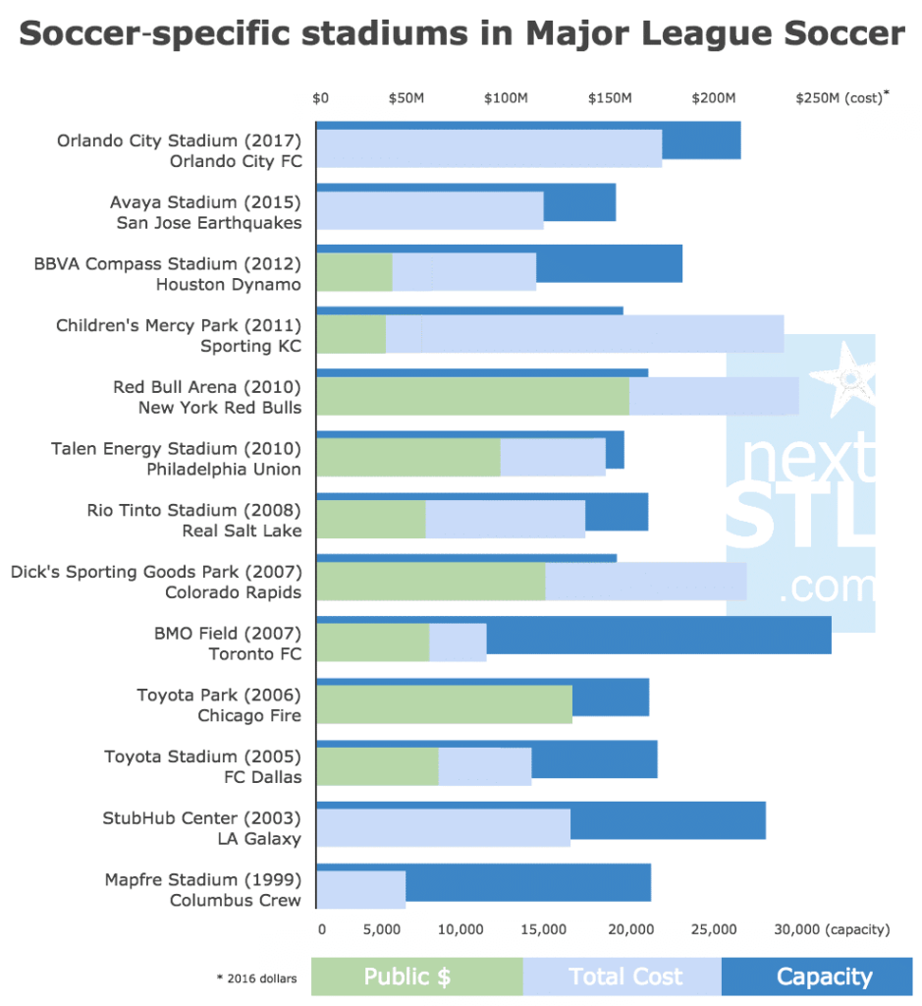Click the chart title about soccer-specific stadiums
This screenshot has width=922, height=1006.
(461, 34)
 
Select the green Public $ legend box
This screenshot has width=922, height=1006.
(416, 977)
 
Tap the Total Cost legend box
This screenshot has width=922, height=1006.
(623, 977)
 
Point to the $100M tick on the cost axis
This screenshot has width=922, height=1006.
(507, 98)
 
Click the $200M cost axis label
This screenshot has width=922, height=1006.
(713, 98)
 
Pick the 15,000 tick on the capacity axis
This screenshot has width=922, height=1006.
(545, 928)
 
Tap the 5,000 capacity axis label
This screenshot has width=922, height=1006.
(382, 928)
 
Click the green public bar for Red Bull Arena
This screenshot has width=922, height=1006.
(472, 396)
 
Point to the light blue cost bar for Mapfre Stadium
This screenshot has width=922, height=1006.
(360, 889)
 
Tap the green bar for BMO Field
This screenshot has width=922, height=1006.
(373, 643)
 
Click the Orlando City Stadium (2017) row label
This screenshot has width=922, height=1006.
(179, 140)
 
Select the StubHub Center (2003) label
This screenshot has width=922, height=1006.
(201, 817)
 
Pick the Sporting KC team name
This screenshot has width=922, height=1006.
(250, 346)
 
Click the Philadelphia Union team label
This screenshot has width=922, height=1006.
(224, 469)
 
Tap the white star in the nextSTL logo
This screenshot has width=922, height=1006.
(846, 378)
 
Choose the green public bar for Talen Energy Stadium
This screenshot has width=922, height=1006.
(408, 458)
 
